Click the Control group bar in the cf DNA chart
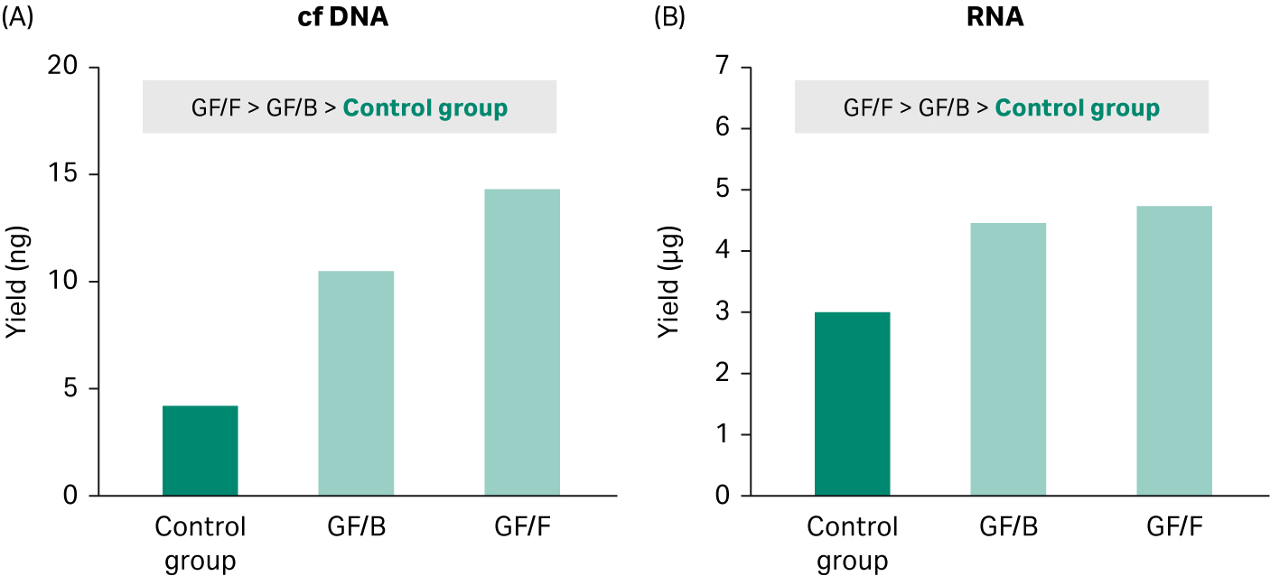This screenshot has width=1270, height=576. tap(200, 451)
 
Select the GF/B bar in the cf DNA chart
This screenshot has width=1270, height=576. tap(356, 383)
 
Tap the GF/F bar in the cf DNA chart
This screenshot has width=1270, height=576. tap(521, 342)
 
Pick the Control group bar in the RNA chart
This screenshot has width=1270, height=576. tap(852, 404)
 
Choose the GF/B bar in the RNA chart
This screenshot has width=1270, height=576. tap(1008, 359)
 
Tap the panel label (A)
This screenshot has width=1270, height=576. tap(18, 18)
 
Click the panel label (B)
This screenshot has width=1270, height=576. tap(669, 18)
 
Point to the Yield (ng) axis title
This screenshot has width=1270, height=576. tap(16, 281)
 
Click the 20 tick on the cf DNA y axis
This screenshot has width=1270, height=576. tap(63, 68)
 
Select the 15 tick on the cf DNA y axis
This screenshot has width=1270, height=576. tap(63, 174)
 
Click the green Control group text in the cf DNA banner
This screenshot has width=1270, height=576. tap(425, 108)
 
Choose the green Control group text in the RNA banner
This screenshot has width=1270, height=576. tap(1077, 108)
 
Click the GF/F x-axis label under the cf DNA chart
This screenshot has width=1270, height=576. tap(521, 526)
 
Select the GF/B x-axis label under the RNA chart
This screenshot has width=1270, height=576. tap(1008, 526)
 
